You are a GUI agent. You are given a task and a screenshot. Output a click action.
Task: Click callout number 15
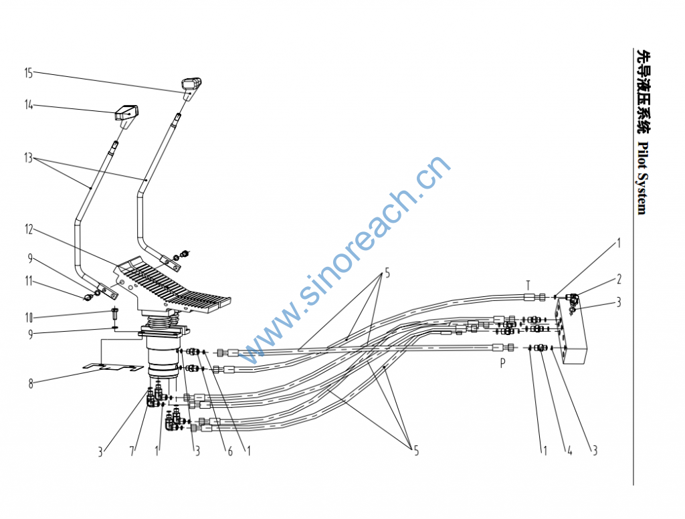28,73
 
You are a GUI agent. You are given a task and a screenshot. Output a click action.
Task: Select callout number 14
28,105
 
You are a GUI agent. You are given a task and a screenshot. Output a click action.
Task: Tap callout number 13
28,157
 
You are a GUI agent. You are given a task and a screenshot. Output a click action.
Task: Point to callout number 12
29,229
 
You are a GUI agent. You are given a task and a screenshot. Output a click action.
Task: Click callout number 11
29,281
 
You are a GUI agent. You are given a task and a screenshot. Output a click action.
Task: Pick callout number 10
29,318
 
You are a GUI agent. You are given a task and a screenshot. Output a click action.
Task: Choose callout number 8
31,384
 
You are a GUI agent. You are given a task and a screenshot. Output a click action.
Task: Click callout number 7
132,451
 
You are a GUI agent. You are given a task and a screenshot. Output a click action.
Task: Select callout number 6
230,451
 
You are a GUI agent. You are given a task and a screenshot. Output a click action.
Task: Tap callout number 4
570,450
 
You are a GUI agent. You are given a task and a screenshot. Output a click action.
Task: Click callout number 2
619,279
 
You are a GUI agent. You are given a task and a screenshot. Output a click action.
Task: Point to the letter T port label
528,286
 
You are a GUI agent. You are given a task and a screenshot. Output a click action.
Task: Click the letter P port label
503,362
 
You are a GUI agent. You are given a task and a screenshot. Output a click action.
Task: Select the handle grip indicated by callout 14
126,114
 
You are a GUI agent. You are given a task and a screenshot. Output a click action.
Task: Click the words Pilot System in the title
642,178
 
